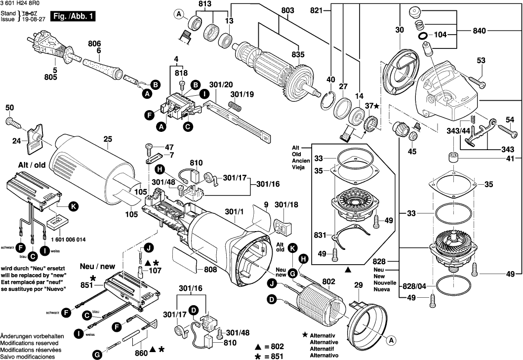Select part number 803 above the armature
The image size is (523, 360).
point(287,10)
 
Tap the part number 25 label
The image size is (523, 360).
point(107,139)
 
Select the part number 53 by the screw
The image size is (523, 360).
point(481,60)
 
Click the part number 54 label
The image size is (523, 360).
point(510,119)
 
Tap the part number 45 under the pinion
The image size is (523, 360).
point(412,151)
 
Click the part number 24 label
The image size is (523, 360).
point(16,141)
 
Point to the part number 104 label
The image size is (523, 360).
point(441,36)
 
